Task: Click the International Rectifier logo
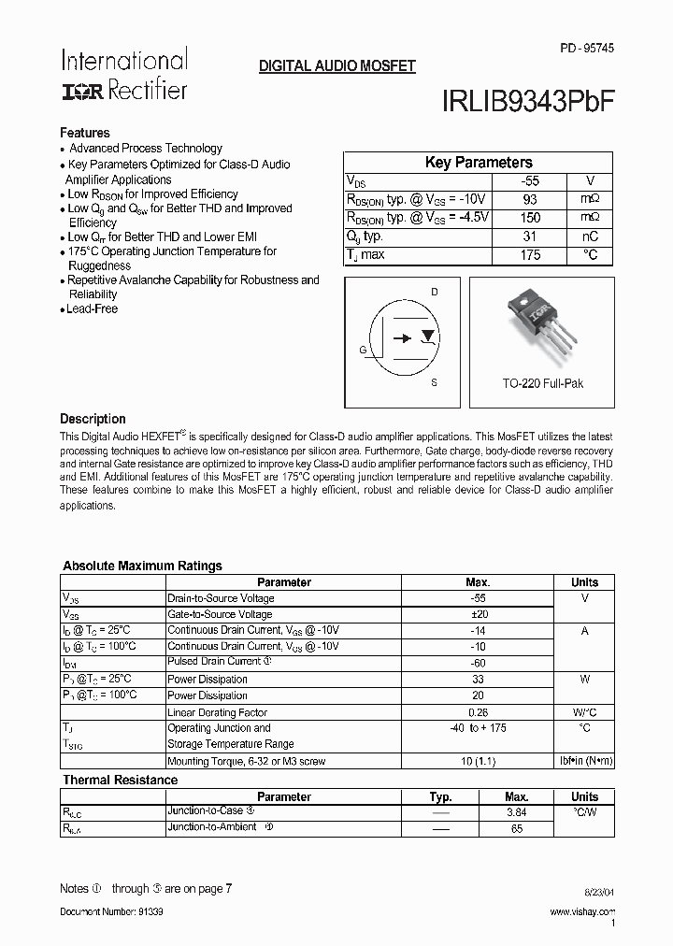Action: point(124,74)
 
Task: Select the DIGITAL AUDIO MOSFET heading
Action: point(336,66)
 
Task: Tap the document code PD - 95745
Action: point(587,48)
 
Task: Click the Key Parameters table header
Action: point(479,163)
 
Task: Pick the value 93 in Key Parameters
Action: point(530,199)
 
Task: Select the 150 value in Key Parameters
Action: point(530,218)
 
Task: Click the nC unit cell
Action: point(588,236)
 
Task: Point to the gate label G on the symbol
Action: point(363,349)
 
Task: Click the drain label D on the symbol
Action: point(434,293)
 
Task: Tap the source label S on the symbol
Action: point(434,383)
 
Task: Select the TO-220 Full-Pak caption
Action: point(542,384)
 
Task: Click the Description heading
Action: point(93,419)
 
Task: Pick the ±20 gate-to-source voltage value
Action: point(478,614)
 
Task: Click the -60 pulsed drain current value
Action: point(478,662)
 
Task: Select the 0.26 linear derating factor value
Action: point(478,712)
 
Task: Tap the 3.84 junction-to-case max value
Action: point(516,812)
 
